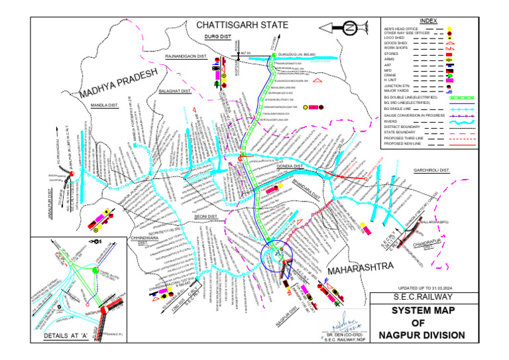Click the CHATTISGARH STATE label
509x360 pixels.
tap(242, 25)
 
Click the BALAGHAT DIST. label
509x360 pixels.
tap(174, 90)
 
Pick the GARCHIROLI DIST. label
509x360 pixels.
tap(431, 170)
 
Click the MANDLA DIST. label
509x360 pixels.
tap(103, 105)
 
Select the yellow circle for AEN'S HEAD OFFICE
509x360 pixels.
tap(450, 29)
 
